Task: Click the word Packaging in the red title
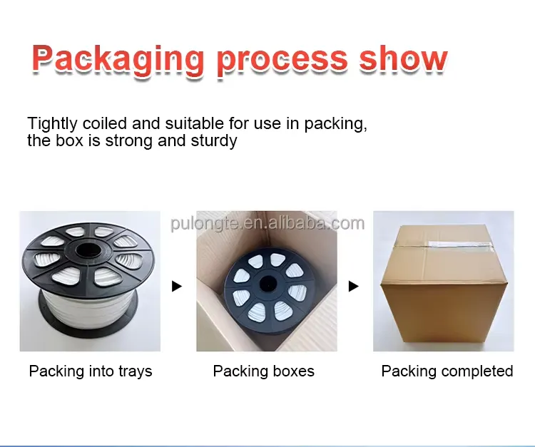pyautogui.click(x=118, y=59)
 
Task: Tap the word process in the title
pyautogui.click(x=282, y=59)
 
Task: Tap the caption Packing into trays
pyautogui.click(x=91, y=371)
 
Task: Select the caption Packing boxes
pyautogui.click(x=264, y=371)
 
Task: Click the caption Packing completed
pyautogui.click(x=447, y=371)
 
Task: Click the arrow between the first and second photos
pyautogui.click(x=178, y=287)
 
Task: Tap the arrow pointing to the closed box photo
pyautogui.click(x=353, y=287)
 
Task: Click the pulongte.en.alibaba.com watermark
pyautogui.click(x=267, y=224)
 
